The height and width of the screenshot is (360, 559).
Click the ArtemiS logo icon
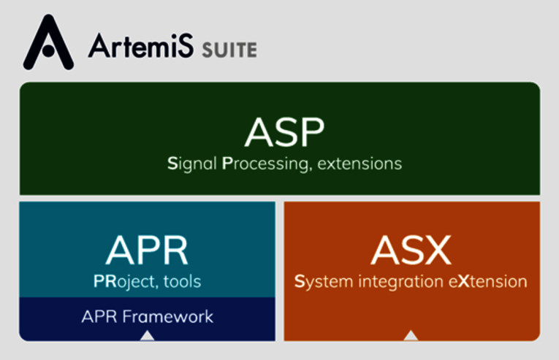48,42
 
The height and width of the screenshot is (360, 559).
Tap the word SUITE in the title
229,50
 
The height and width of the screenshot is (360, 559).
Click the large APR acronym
147,250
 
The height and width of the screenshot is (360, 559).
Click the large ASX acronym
411,250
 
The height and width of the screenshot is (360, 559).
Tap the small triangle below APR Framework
147,335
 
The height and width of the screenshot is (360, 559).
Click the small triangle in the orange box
411,335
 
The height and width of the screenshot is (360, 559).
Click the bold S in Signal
172,164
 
